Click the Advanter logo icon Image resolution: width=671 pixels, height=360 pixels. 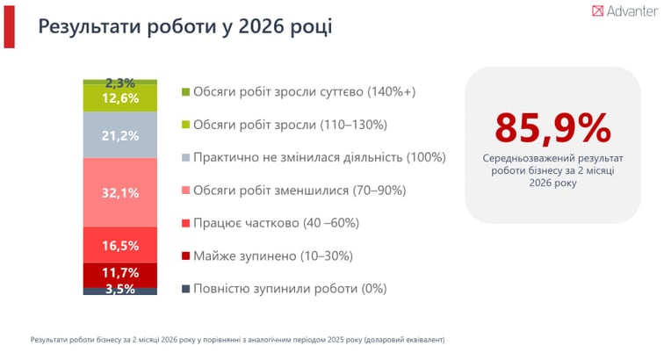(x=597, y=11)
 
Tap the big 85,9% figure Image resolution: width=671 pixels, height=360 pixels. (x=552, y=127)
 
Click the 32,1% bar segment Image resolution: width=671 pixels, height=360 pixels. (x=120, y=192)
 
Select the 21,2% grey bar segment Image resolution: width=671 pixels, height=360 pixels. (x=120, y=135)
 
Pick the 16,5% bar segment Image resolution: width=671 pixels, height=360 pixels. (x=120, y=245)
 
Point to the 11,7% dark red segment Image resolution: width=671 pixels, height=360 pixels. (x=120, y=275)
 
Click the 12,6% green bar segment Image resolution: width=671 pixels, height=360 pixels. (x=120, y=98)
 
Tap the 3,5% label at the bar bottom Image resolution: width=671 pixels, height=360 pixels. (x=120, y=290)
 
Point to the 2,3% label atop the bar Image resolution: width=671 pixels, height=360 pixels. (x=120, y=83)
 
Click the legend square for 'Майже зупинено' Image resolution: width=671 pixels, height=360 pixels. (x=185, y=256)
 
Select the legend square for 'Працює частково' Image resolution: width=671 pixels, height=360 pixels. (x=185, y=223)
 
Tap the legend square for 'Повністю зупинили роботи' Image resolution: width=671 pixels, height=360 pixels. (x=185, y=289)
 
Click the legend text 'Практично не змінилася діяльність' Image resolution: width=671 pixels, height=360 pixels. (x=298, y=157)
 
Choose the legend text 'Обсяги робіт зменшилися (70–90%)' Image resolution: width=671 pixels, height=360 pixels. (x=299, y=190)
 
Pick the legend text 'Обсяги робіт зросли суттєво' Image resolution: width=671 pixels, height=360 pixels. (x=278, y=91)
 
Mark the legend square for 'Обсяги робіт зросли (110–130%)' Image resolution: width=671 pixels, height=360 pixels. (x=185, y=125)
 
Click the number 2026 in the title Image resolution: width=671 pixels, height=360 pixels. (x=261, y=26)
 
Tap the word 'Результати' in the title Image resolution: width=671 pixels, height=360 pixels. (x=90, y=27)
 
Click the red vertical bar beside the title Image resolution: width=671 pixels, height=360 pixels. (x=10, y=26)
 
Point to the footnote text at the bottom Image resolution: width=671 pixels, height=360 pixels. (x=237, y=340)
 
